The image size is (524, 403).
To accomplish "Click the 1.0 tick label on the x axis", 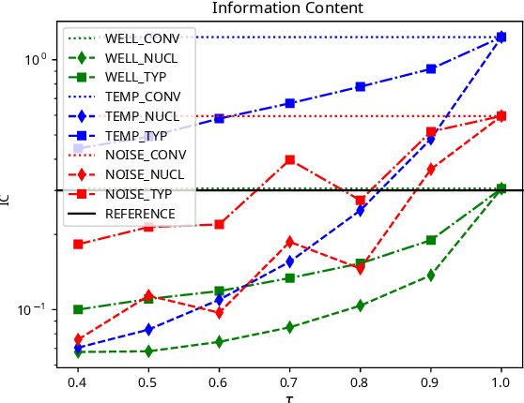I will pos(501,383).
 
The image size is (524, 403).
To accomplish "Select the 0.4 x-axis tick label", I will pos(79,383).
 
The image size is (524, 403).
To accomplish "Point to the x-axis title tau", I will pos(290,398).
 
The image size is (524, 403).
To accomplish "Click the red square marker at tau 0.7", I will pos(290,160).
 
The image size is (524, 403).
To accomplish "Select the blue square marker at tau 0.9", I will pos(431,68).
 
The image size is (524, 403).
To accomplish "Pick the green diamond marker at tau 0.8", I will pos(361,306).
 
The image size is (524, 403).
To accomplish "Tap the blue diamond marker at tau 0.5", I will pos(149,329).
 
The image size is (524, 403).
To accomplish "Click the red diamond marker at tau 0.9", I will pos(431,169).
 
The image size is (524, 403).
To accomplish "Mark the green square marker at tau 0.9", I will pos(431,240).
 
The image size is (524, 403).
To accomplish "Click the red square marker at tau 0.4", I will pos(79,244).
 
